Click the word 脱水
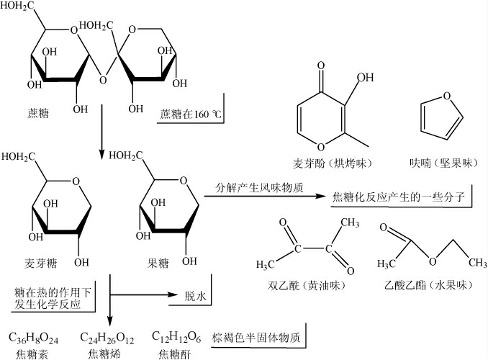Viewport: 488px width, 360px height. click(194, 295)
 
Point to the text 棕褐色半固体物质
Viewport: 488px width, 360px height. click(256, 337)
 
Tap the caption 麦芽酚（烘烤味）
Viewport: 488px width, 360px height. click(335, 163)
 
